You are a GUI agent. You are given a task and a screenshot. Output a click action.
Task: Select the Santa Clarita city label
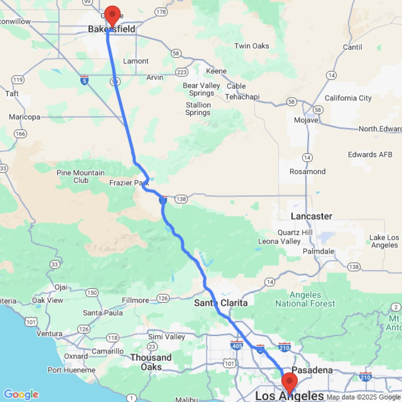tap(221, 303)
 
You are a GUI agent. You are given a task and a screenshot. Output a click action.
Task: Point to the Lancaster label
tap(312, 216)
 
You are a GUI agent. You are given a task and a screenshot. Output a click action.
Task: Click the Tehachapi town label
tap(242, 97)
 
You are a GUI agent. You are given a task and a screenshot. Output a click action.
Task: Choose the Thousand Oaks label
tap(151, 362)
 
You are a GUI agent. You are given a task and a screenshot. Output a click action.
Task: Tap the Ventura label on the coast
tap(49, 333)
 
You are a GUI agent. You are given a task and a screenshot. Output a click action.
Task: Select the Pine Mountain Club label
tap(81, 176)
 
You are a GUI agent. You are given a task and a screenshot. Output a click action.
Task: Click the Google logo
tap(21, 394)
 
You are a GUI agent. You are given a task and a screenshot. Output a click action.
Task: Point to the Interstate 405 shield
tap(237, 345)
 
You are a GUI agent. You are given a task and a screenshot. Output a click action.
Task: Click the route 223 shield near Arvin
tap(181, 72)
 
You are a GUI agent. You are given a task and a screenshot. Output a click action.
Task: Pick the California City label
tap(348, 98)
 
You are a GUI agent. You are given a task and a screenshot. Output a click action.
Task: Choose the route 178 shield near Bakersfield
tap(161, 12)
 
